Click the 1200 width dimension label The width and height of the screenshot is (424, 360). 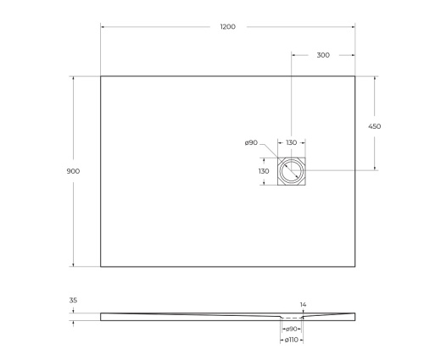pyautogui.click(x=227, y=27)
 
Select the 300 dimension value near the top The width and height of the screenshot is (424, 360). pyautogui.click(x=323, y=55)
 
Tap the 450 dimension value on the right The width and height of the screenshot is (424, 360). pyautogui.click(x=374, y=126)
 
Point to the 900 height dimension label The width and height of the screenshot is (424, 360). pyautogui.click(x=73, y=171)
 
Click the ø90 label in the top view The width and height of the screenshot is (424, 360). pyautogui.click(x=251, y=143)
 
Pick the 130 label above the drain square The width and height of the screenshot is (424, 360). pyautogui.click(x=292, y=143)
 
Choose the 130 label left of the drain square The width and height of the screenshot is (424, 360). pyautogui.click(x=264, y=171)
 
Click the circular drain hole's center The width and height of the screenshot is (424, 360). pyautogui.click(x=292, y=171)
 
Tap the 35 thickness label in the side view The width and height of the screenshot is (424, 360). pyautogui.click(x=73, y=300)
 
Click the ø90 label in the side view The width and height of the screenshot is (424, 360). pyautogui.click(x=291, y=329)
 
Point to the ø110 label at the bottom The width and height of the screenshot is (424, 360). pyautogui.click(x=291, y=340)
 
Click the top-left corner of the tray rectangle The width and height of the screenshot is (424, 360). pyautogui.click(x=101, y=76)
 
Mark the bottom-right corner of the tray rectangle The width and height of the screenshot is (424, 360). pyautogui.click(x=355, y=267)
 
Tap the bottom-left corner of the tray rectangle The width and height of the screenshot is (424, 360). pyautogui.click(x=101, y=267)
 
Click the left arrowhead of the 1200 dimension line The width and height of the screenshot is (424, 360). pyautogui.click(x=103, y=27)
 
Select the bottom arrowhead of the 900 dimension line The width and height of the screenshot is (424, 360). pyautogui.click(x=73, y=265)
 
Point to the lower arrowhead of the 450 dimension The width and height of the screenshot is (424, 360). pyautogui.click(x=374, y=169)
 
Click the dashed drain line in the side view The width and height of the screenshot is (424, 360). pyautogui.click(x=292, y=319)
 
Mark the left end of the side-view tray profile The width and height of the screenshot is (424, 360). pyautogui.click(x=102, y=317)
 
